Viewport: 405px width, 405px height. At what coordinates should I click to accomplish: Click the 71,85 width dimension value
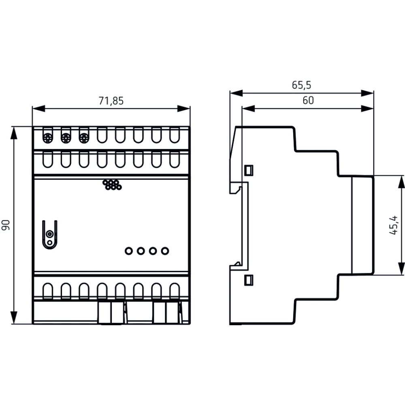tap(111, 101)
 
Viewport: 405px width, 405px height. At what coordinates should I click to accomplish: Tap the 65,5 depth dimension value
tap(301, 85)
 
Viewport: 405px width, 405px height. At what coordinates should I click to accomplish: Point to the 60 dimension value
tap(308, 100)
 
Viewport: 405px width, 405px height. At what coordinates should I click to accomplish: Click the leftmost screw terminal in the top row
tap(47, 138)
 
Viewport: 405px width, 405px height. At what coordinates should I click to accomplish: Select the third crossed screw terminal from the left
tap(83, 138)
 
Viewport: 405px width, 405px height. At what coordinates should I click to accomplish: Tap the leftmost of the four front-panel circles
tap(128, 251)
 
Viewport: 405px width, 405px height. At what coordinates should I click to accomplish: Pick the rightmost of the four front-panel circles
tap(165, 251)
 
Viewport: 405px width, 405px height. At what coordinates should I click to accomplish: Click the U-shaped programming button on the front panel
tap(49, 235)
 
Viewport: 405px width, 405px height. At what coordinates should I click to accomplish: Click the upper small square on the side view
tap(249, 170)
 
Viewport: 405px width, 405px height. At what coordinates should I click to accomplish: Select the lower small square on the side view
tap(249, 279)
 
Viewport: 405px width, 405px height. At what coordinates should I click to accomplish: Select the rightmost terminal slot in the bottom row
tap(174, 290)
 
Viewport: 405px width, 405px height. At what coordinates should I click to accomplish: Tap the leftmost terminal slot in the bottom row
tap(47, 290)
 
